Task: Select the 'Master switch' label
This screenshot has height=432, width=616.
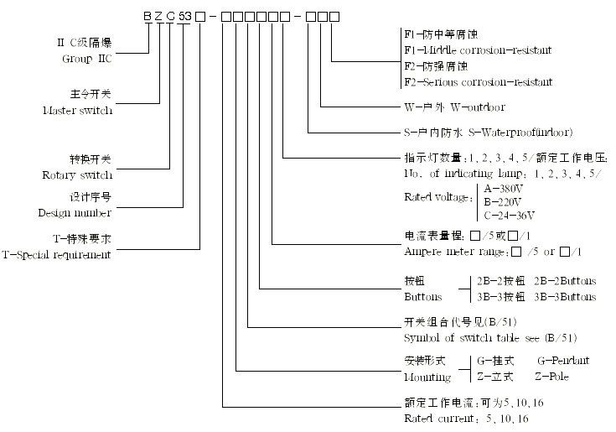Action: click(x=76, y=111)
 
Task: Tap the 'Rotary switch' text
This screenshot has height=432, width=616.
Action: click(x=76, y=175)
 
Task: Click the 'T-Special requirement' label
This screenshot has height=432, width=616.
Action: click(x=57, y=254)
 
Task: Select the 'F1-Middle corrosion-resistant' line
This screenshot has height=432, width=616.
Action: click(x=478, y=50)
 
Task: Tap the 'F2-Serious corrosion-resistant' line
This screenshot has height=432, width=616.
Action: click(x=478, y=82)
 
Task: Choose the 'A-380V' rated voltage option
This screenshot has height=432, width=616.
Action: click(x=504, y=190)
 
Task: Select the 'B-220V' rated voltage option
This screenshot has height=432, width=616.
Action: click(x=504, y=202)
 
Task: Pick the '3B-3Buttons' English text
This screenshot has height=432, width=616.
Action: click(x=567, y=297)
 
